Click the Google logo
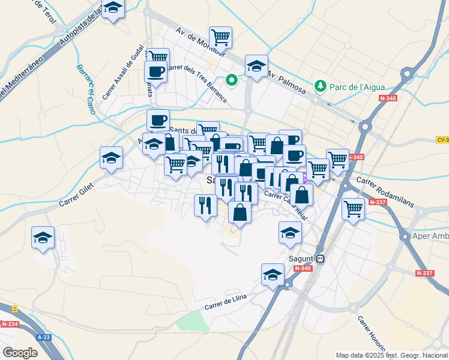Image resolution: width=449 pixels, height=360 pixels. pyautogui.click(x=20, y=353)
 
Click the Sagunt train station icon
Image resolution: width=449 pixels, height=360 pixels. pyautogui.click(x=321, y=259)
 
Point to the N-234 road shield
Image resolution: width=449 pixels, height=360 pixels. pyautogui.click(x=10, y=324)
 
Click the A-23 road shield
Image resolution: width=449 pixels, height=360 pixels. pyautogui.click(x=44, y=337)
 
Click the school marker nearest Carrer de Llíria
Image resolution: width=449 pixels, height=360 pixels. pyautogui.click(x=273, y=275)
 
